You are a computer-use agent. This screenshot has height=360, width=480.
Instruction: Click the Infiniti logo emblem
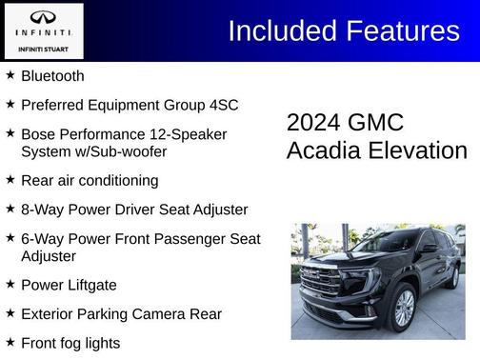pyautogui.click(x=43, y=16)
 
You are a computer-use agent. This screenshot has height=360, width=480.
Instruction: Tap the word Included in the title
pyautogui.click(x=276, y=30)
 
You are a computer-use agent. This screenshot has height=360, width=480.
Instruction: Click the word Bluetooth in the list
pyautogui.click(x=52, y=75)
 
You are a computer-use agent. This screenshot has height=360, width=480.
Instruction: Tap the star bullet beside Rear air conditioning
pyautogui.click(x=10, y=179)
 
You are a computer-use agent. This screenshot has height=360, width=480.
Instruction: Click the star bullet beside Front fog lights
pyautogui.click(x=10, y=341)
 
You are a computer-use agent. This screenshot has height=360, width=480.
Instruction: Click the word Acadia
pyautogui.click(x=320, y=150)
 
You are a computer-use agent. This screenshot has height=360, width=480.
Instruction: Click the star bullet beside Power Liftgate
pyautogui.click(x=10, y=284)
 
